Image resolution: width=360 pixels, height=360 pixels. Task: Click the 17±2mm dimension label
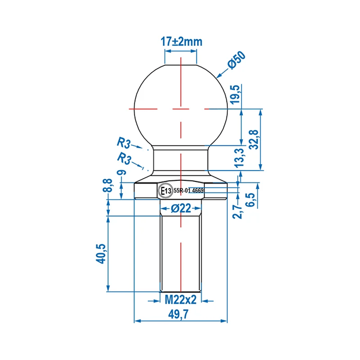[x=180, y=41]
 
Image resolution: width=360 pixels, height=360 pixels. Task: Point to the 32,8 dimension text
[x=255, y=140]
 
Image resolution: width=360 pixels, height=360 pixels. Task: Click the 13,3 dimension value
[x=239, y=158]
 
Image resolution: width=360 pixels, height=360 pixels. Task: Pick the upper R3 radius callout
[x=124, y=142]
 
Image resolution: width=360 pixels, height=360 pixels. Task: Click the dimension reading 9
[x=122, y=173]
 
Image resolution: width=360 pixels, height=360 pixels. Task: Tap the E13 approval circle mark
[x=166, y=191]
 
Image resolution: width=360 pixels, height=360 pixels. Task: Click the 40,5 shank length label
[x=100, y=253]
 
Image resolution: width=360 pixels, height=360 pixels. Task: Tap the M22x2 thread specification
[x=181, y=300]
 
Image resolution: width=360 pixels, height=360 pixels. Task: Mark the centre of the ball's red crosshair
[x=181, y=107]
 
